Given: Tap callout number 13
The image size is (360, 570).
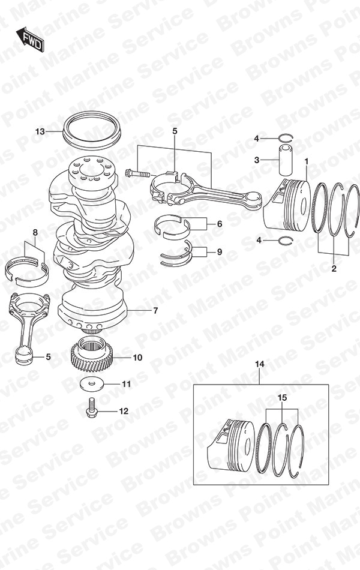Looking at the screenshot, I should point(40,131).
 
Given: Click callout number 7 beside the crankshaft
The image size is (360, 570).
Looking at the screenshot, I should point(155,311).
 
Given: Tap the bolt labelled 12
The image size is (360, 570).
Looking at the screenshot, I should point(92,408).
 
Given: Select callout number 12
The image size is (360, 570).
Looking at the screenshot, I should point(124,412).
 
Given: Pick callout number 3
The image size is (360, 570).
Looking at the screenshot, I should point(256,160).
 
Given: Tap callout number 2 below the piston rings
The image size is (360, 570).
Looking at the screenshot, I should point(334,268).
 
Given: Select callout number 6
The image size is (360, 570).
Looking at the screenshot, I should point(220,224).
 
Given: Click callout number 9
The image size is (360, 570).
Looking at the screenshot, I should point(220,252).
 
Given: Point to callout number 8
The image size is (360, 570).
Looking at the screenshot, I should point(35,232).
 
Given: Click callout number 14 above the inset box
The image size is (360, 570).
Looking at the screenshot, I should point(259,364).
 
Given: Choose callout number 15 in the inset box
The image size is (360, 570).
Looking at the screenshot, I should point(282,397).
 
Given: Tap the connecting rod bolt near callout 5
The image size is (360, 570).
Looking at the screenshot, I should point(136,173).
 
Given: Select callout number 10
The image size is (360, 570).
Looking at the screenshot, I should point(137,358).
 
